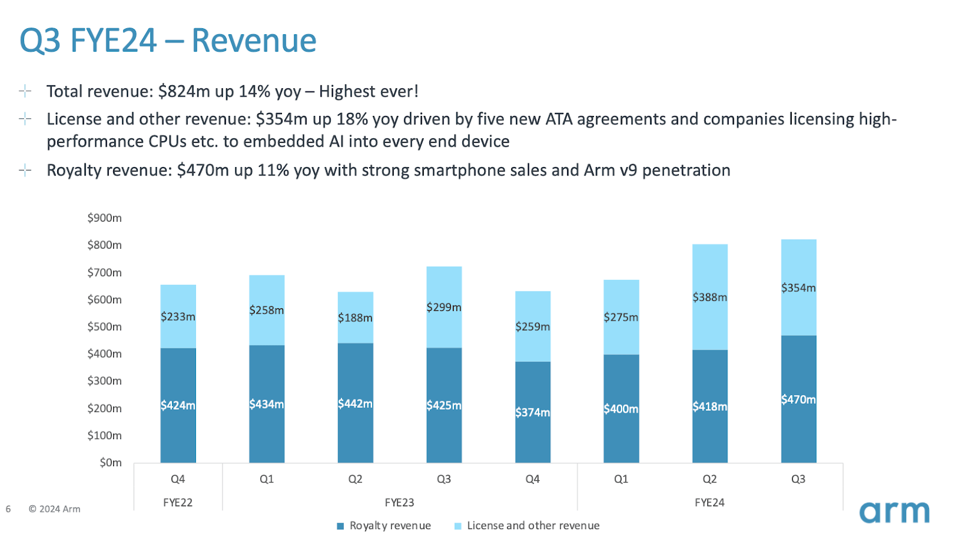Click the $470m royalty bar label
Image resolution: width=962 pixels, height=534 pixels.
[x=798, y=399]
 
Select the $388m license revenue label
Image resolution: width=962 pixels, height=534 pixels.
[x=709, y=297]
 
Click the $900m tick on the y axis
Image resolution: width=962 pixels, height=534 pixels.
[x=105, y=218]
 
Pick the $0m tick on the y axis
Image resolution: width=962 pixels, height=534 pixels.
[x=111, y=463]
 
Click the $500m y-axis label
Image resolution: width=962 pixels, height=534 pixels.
[x=105, y=327]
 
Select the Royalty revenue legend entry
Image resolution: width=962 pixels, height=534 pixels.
[x=384, y=526]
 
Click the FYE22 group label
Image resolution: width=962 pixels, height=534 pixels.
[x=178, y=503]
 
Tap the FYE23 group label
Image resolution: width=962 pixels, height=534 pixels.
[x=399, y=503]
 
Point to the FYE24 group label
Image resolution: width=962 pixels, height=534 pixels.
[x=709, y=503]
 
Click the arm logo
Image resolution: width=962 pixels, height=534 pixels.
[x=894, y=512]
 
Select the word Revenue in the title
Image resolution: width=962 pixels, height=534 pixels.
[x=254, y=41]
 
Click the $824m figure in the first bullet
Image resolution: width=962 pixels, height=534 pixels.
[x=184, y=91]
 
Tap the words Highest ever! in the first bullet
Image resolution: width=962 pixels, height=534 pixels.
[x=369, y=91]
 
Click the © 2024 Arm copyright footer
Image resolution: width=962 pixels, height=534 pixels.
[x=55, y=509]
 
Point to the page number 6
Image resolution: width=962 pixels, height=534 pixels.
[x=8, y=509]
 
